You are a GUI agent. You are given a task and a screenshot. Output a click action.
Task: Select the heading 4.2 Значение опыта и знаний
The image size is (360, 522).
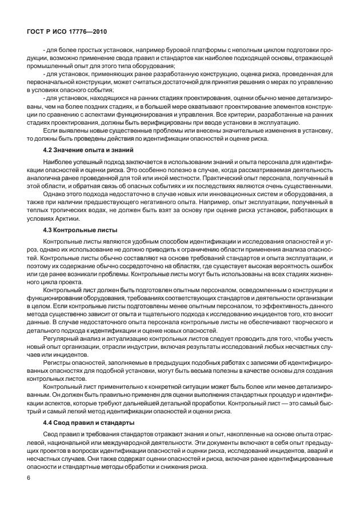[x=81, y=149]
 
